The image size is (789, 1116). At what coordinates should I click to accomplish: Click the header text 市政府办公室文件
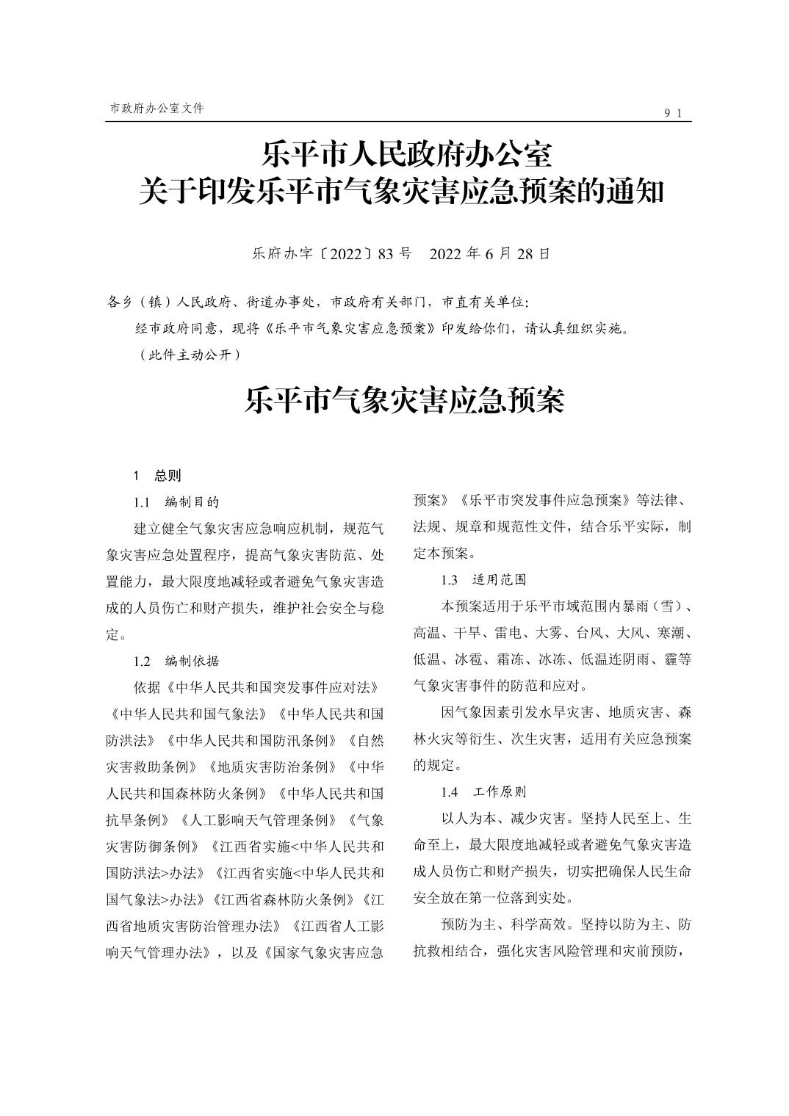[156, 108]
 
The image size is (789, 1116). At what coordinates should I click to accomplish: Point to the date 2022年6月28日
[489, 254]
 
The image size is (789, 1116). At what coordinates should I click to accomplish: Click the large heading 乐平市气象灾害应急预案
[405, 400]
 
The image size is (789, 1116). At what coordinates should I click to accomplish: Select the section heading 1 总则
[156, 475]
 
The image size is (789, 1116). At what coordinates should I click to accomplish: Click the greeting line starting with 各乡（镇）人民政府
[317, 302]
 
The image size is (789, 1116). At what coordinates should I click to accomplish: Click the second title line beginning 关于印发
[402, 192]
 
